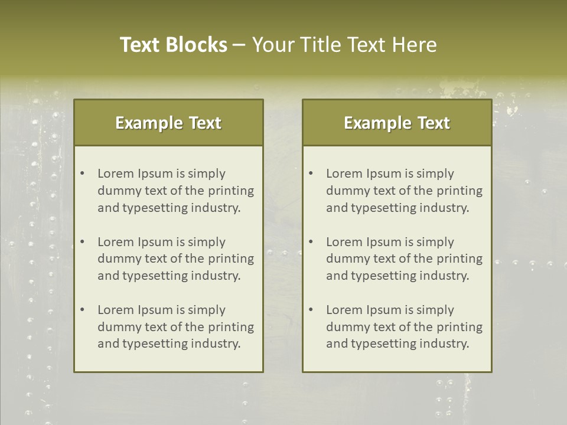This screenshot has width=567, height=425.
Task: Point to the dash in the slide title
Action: [240, 45]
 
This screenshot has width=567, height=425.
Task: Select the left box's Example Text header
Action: [168, 123]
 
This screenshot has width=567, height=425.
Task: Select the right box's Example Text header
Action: [397, 123]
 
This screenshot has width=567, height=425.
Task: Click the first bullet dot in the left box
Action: [83, 174]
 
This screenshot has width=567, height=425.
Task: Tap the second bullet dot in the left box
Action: [83, 242]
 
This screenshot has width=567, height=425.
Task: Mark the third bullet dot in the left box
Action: [83, 310]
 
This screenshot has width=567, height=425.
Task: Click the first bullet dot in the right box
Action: [311, 174]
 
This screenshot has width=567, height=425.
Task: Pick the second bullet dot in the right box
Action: [311, 242]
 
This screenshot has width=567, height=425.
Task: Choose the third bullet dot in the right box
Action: [311, 310]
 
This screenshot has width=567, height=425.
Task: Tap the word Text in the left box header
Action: [205, 123]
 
